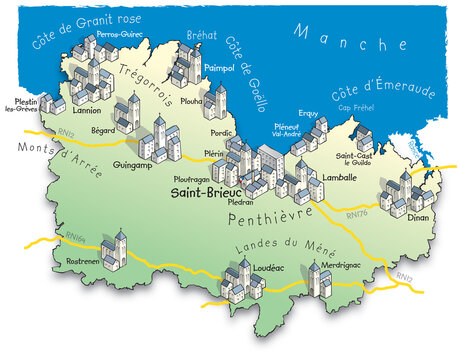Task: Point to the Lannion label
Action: pyautogui.click(x=86, y=111)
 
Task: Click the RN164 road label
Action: pyautogui.click(x=76, y=237)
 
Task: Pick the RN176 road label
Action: pyautogui.click(x=357, y=212)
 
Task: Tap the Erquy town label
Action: pyautogui.click(x=309, y=115)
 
